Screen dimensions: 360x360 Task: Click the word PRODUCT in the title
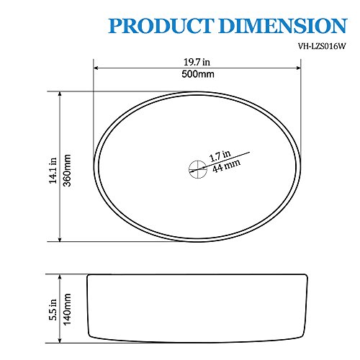pos(161,26)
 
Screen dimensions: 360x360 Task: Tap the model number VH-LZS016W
pos(322,46)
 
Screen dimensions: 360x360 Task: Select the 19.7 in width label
pos(197,62)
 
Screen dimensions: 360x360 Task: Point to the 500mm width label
pos(198,74)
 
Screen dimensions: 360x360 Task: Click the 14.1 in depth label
pos(53,171)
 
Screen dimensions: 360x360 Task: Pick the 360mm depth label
pos(67,171)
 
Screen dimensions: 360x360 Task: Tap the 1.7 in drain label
pos(220,156)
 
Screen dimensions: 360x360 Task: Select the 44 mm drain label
pos(226,166)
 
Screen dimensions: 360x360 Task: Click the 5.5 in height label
pos(53,310)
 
